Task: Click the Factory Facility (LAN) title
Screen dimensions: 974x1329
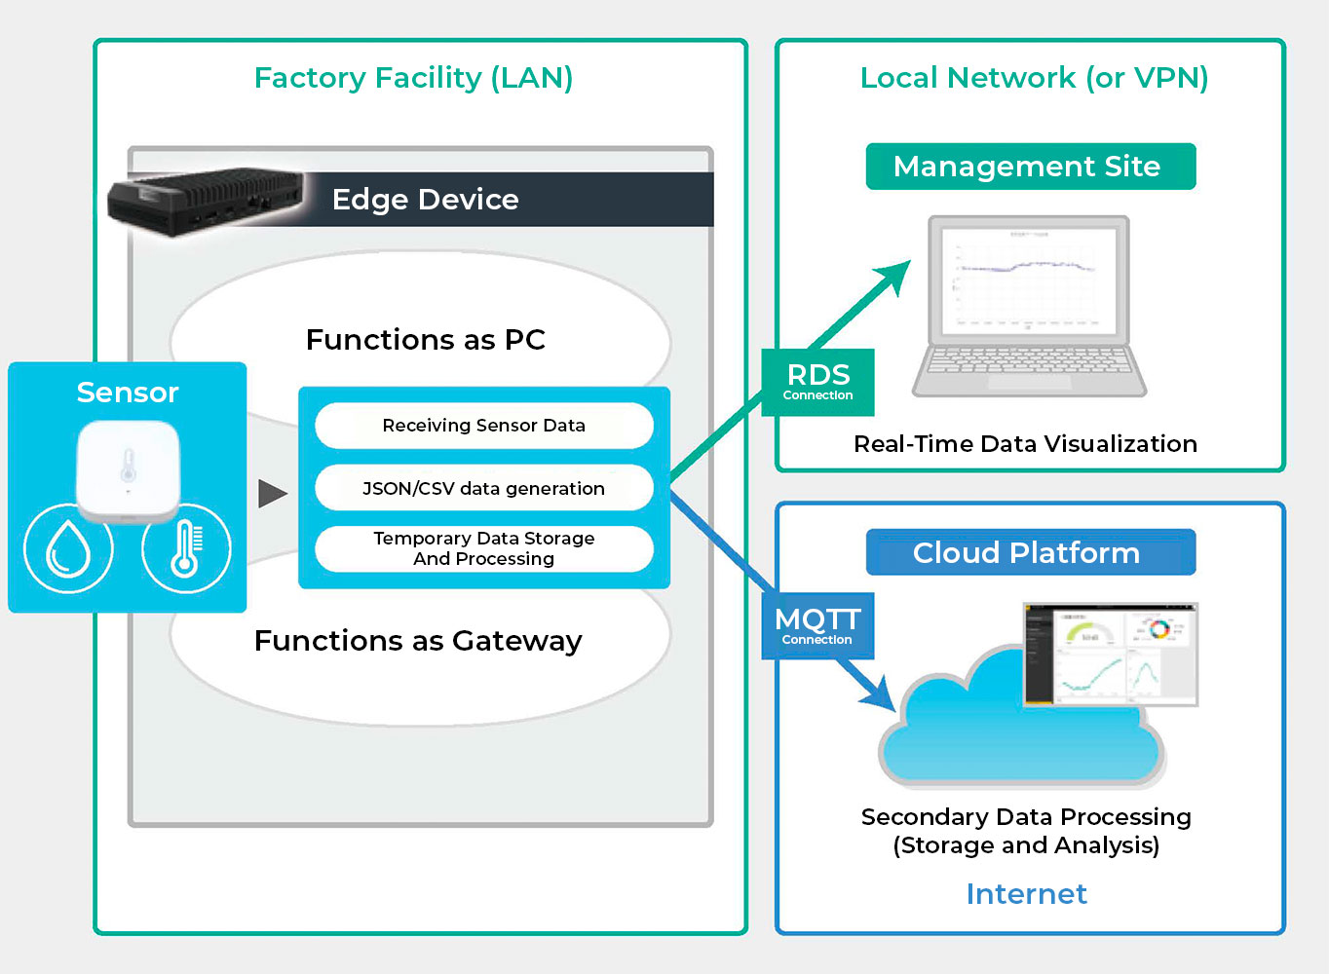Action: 413,78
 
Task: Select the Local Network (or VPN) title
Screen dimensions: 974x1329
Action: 1034,78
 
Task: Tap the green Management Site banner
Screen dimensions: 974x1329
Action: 1030,167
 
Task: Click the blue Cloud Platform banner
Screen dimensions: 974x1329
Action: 1030,553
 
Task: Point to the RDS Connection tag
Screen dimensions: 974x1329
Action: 817,382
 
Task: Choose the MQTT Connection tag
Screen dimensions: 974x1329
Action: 817,625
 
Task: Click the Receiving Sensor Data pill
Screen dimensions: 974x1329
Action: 483,426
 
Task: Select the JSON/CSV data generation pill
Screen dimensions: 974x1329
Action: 483,488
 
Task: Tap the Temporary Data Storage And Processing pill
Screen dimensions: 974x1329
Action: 483,548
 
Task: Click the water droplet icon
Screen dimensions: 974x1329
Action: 68,548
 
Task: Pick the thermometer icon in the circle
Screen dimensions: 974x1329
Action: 185,548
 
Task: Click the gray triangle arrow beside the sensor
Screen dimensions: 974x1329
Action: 272,493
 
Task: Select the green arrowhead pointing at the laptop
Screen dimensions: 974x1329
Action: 893,278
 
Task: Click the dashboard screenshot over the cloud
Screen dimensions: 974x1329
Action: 1110,654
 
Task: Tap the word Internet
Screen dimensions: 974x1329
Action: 1026,894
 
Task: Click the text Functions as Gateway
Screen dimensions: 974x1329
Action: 418,641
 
